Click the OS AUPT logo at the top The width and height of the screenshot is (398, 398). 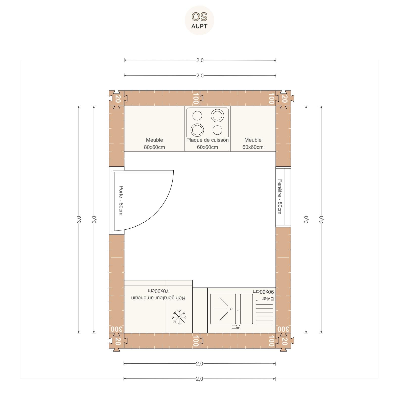(x=199, y=20)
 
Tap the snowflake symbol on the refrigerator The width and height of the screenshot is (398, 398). (x=179, y=317)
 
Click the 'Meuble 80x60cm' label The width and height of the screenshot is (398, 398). (x=154, y=144)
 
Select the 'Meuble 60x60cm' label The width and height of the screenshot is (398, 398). (x=253, y=144)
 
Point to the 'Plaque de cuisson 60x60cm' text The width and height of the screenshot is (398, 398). (x=207, y=144)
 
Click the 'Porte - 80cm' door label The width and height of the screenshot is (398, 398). (x=121, y=201)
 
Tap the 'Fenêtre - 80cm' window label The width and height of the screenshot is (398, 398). (x=280, y=197)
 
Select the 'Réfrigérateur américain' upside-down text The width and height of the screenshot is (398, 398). (x=158, y=298)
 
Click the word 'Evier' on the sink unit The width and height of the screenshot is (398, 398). (x=268, y=299)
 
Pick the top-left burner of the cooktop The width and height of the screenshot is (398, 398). (x=197, y=116)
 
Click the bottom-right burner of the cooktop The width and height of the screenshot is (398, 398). (x=217, y=130)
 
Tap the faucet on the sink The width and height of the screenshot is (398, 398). (x=237, y=320)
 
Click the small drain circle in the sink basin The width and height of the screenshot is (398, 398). (x=231, y=309)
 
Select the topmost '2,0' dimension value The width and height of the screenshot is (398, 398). (x=200, y=60)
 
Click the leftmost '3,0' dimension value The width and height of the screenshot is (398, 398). (x=79, y=219)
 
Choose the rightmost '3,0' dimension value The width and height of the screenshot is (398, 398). (x=321, y=219)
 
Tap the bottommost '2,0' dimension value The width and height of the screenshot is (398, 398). (x=199, y=379)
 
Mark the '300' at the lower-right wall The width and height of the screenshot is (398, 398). (x=284, y=329)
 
